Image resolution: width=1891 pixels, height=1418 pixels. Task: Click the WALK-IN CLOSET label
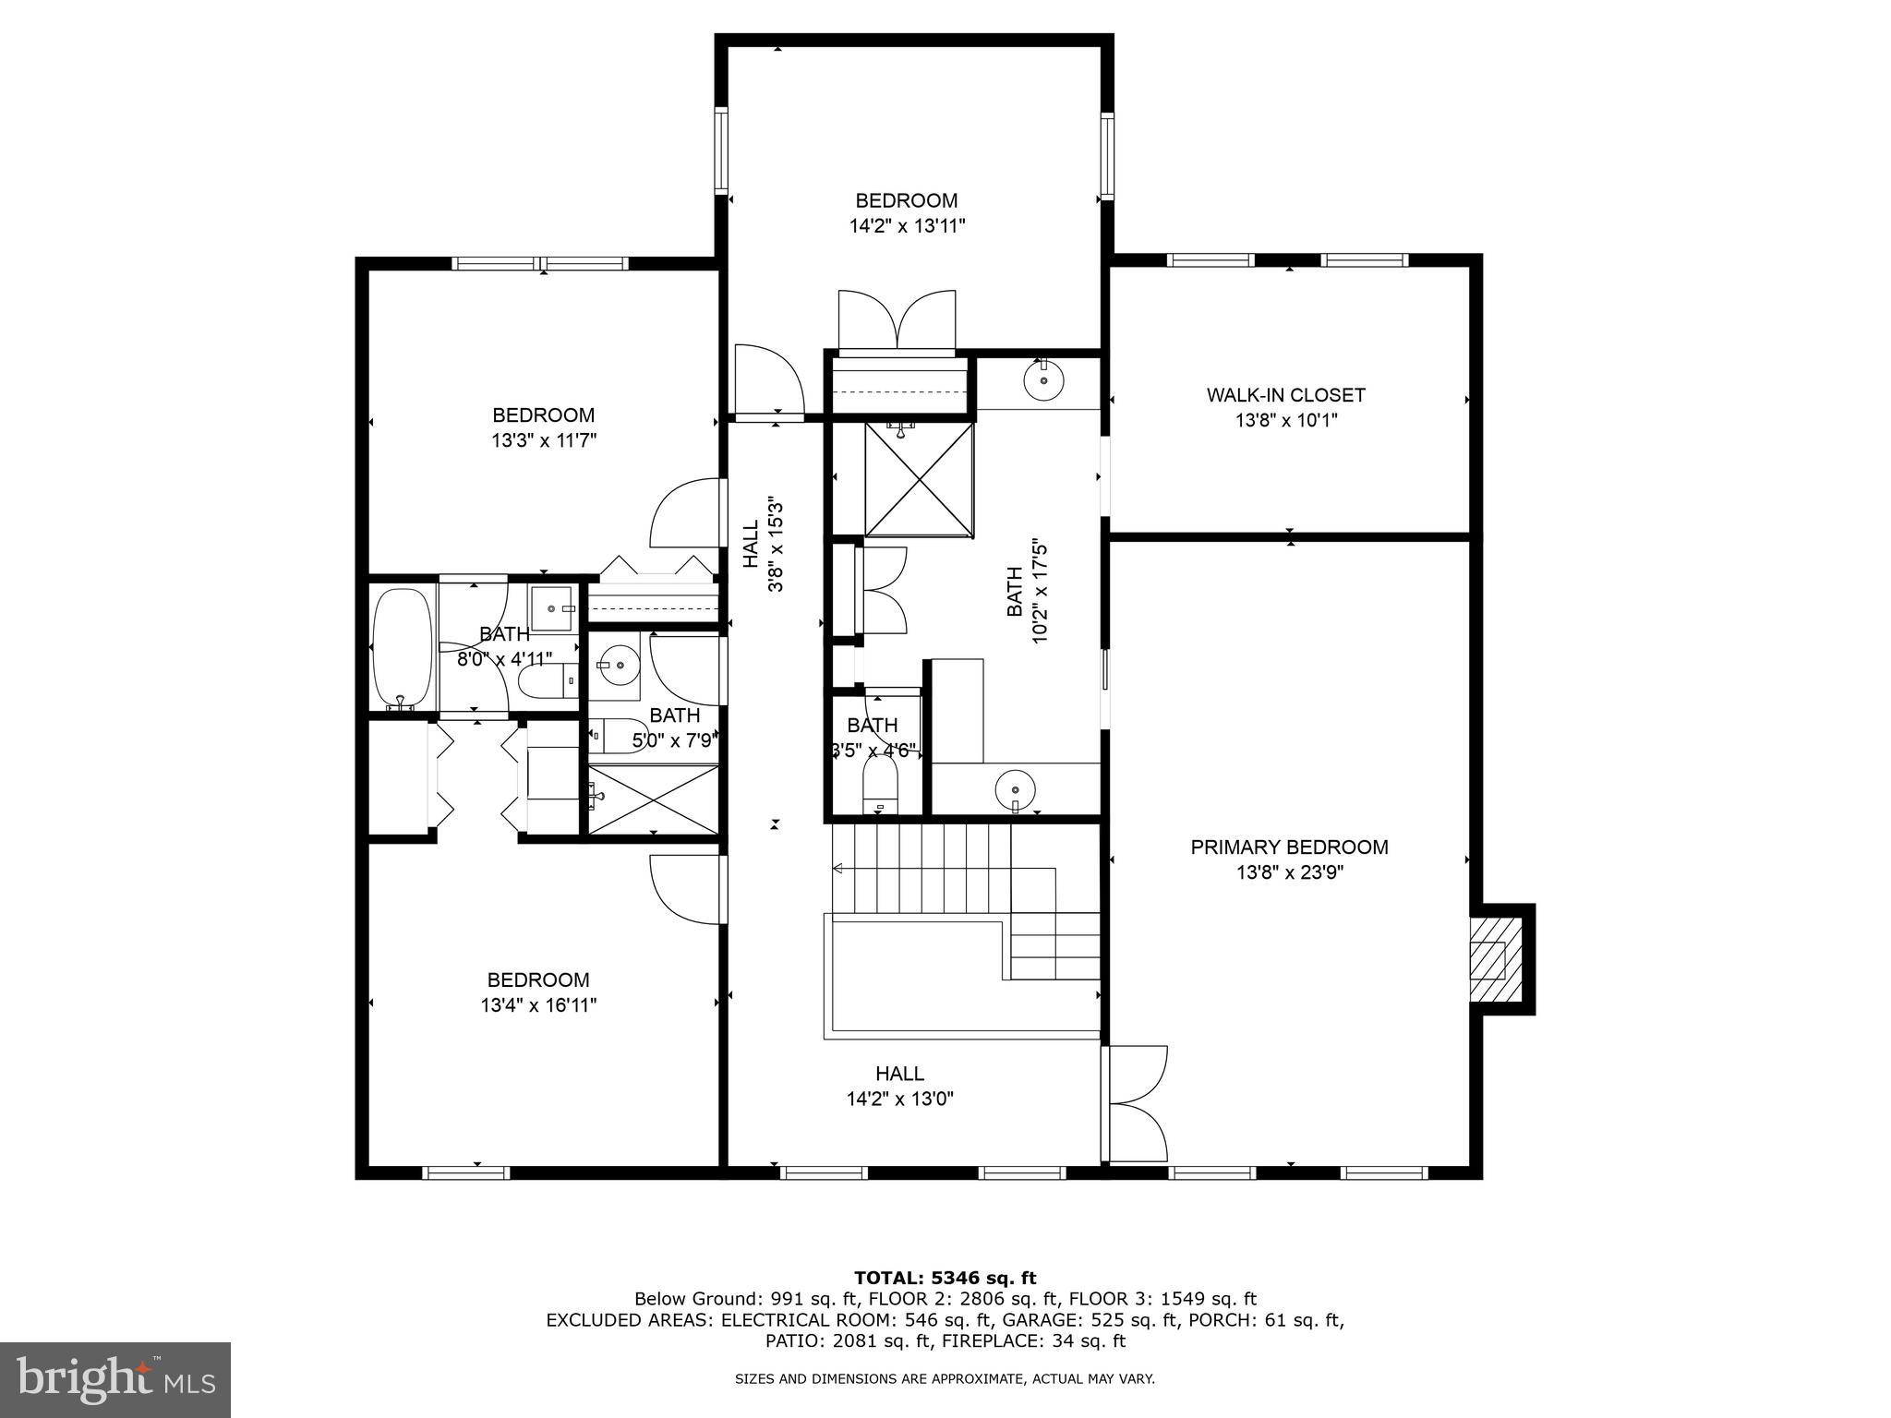tap(1285, 395)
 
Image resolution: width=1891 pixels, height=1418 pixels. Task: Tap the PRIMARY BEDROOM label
tap(1289, 847)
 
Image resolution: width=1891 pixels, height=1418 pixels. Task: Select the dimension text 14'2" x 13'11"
tap(908, 226)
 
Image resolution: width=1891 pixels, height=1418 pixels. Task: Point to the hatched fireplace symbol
tap(1488, 960)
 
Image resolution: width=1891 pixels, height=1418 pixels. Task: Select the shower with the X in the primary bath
tap(919, 479)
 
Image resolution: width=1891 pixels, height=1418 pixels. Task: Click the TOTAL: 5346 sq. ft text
tap(945, 1279)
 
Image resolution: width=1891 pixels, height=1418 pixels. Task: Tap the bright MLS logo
tap(115, 1380)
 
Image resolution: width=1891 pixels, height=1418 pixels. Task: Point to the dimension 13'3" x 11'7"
tap(544, 441)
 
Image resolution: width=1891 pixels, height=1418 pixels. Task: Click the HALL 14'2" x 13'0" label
tap(899, 1086)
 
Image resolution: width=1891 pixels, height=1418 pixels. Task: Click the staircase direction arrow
tap(838, 868)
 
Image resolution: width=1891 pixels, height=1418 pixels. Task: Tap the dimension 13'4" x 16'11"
tap(538, 1005)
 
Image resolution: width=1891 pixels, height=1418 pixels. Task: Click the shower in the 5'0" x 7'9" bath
tap(654, 799)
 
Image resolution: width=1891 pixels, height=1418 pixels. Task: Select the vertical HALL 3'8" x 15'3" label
tap(763, 545)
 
